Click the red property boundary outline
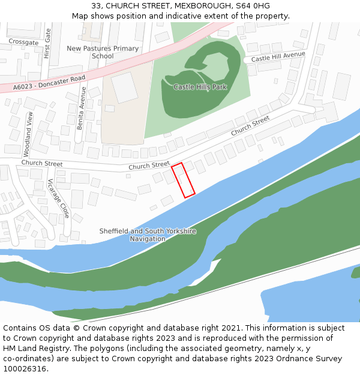[183, 180]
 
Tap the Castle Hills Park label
[200, 87]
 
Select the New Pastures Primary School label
[103, 52]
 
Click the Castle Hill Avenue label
[278, 58]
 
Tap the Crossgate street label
[23, 43]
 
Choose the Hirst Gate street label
[47, 46]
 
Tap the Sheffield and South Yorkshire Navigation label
[148, 235]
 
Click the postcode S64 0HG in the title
[253, 6]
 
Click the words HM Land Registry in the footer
[33, 349]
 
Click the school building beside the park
[124, 88]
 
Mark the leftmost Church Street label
[42, 163]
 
